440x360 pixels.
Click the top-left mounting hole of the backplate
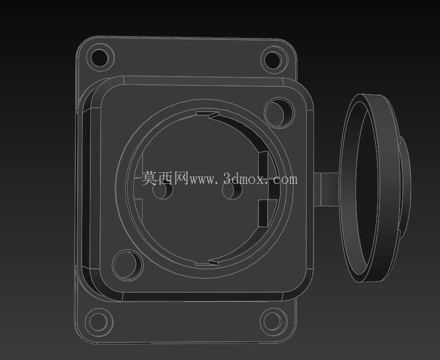click(x=100, y=58)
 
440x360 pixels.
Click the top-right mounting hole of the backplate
click(x=274, y=60)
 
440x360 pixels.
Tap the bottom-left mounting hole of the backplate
click(x=99, y=321)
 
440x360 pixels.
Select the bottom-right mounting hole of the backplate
click(x=273, y=321)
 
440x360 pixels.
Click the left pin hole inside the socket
click(x=163, y=190)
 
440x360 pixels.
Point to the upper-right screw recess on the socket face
click(x=279, y=112)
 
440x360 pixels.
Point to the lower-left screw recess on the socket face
click(x=128, y=265)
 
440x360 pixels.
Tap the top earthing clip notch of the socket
click(x=208, y=114)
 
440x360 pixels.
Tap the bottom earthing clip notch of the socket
click(x=207, y=263)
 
